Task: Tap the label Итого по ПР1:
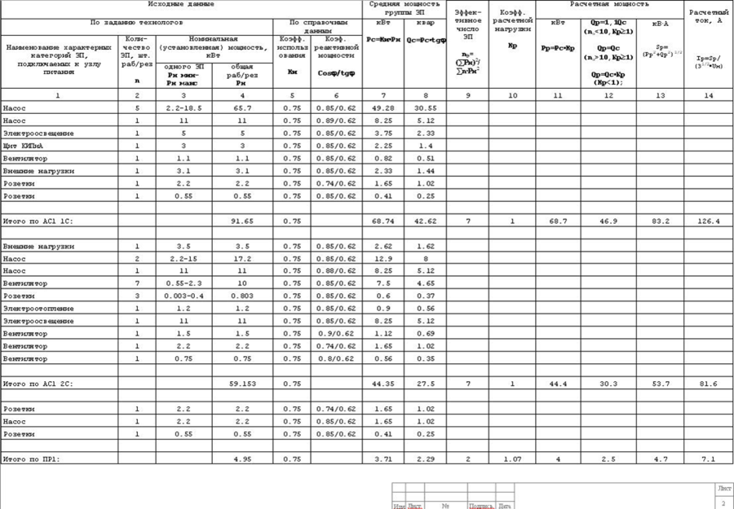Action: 32,459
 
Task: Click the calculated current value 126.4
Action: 708,221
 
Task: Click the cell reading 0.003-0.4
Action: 183,296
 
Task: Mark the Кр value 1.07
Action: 512,459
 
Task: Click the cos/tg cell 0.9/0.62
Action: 335,334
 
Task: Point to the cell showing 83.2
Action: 661,221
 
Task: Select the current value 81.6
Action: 708,384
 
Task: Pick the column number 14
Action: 708,96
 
